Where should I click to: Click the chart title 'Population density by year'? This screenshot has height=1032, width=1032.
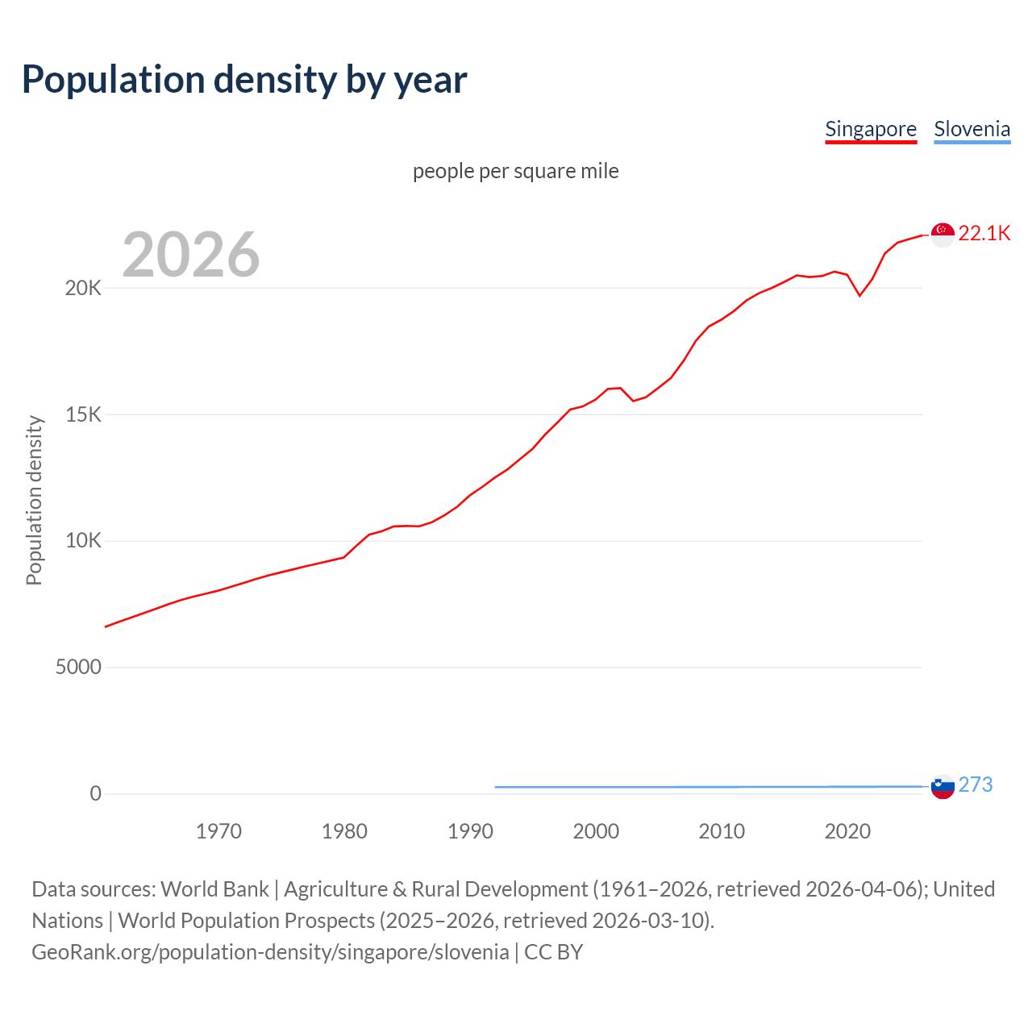[x=244, y=80]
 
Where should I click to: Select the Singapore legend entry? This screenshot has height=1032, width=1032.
[x=871, y=129]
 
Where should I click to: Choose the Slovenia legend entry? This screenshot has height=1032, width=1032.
[x=972, y=129]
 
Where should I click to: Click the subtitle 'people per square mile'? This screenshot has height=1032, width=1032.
[x=516, y=171]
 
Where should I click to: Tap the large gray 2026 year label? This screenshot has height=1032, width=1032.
[x=191, y=255]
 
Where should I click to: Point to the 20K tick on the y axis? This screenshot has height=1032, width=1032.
[x=83, y=288]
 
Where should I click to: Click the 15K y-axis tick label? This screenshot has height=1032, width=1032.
[x=83, y=414]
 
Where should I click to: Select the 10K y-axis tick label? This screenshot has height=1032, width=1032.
[x=83, y=541]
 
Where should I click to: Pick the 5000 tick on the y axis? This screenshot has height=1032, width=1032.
[x=78, y=668]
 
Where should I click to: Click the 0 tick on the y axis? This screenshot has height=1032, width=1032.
[x=96, y=794]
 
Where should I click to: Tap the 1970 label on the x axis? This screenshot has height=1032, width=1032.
[x=218, y=831]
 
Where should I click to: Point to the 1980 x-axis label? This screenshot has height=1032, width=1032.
[x=344, y=831]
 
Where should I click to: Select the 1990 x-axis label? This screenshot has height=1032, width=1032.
[x=470, y=831]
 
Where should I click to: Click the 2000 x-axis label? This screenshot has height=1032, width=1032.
[x=596, y=831]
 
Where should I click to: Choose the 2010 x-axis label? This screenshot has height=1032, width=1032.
[x=722, y=831]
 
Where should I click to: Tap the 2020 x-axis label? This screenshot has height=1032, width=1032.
[x=847, y=831]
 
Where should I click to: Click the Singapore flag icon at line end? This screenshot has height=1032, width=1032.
[x=943, y=234]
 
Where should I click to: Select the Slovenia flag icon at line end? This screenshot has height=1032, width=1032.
[x=943, y=786]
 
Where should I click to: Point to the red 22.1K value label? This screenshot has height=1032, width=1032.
[x=984, y=233]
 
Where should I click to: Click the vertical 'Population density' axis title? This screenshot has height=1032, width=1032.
[x=34, y=500]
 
